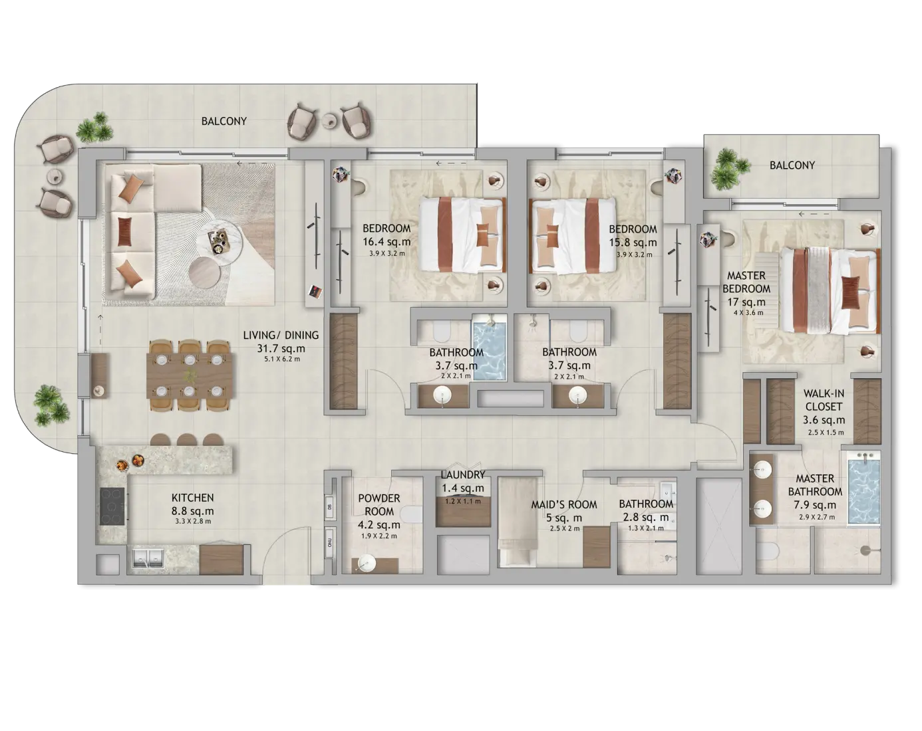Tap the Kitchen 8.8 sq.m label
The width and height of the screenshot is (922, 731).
coord(192,504)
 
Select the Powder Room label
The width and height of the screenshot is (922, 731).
coord(379,504)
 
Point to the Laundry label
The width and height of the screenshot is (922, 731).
coord(463,474)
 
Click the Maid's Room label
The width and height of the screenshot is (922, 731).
coord(564,504)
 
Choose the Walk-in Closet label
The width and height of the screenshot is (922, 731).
coord(824,400)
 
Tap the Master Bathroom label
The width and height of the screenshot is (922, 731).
coord(815,485)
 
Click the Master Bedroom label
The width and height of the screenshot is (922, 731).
coord(746,282)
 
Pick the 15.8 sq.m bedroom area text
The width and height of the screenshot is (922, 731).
coord(633,243)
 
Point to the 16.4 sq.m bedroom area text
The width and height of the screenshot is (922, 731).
coord(386,241)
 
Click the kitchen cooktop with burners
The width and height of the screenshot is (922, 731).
coord(112,506)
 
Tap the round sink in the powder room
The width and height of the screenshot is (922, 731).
coord(366,564)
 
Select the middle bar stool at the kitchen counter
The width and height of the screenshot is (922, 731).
coord(187,440)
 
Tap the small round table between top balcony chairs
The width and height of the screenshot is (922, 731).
coord(330,120)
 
